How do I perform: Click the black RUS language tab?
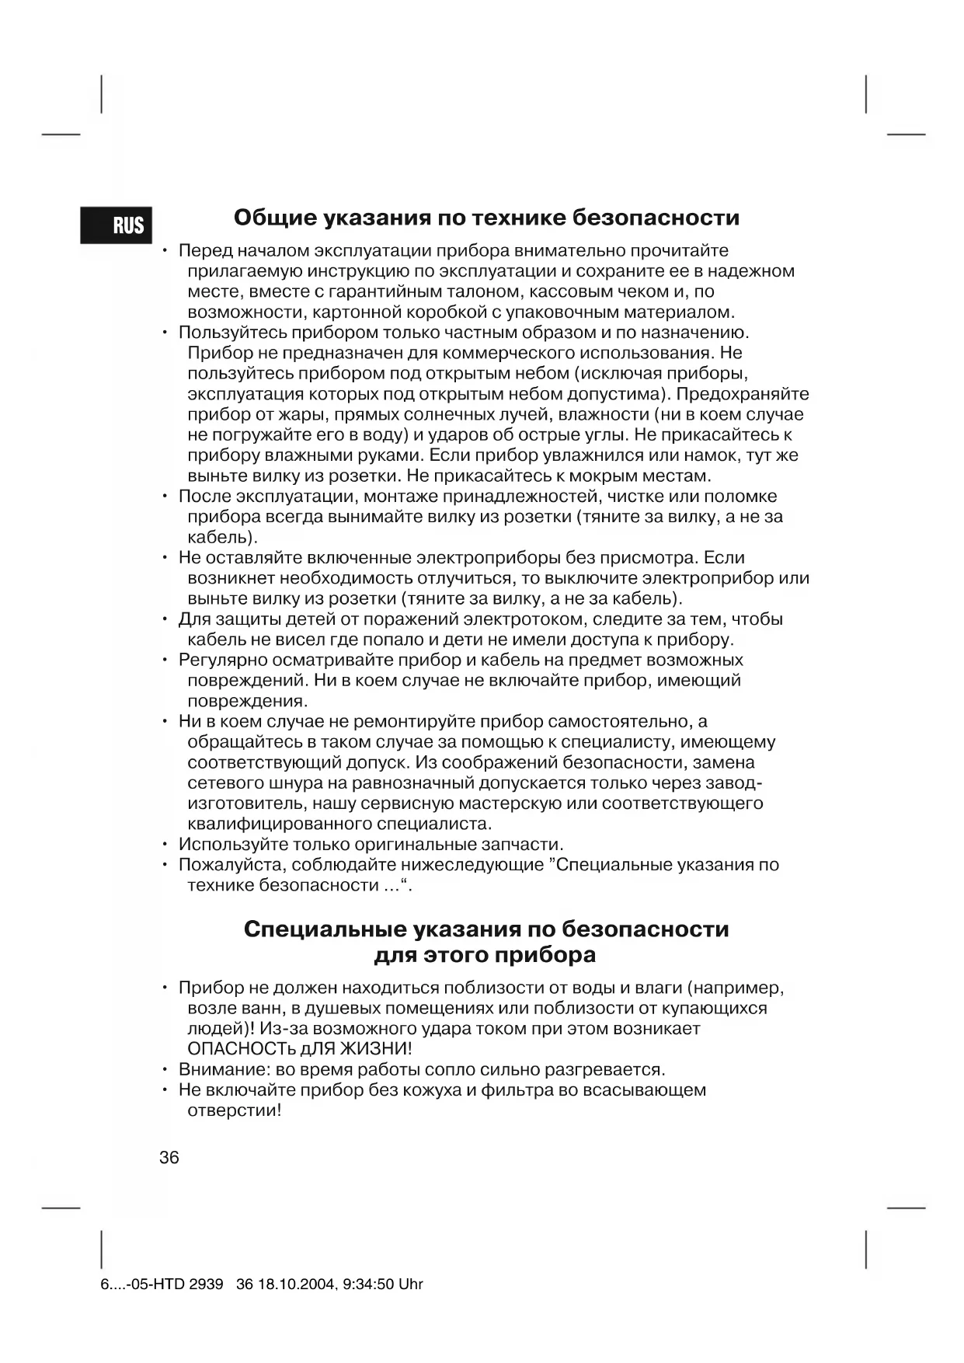[117, 225]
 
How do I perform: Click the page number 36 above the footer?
[169, 1157]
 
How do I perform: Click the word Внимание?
[222, 1069]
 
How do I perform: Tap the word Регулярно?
[224, 661]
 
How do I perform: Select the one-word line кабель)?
[222, 537]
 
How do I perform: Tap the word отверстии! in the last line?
[234, 1110]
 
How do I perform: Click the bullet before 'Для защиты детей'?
[165, 619]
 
